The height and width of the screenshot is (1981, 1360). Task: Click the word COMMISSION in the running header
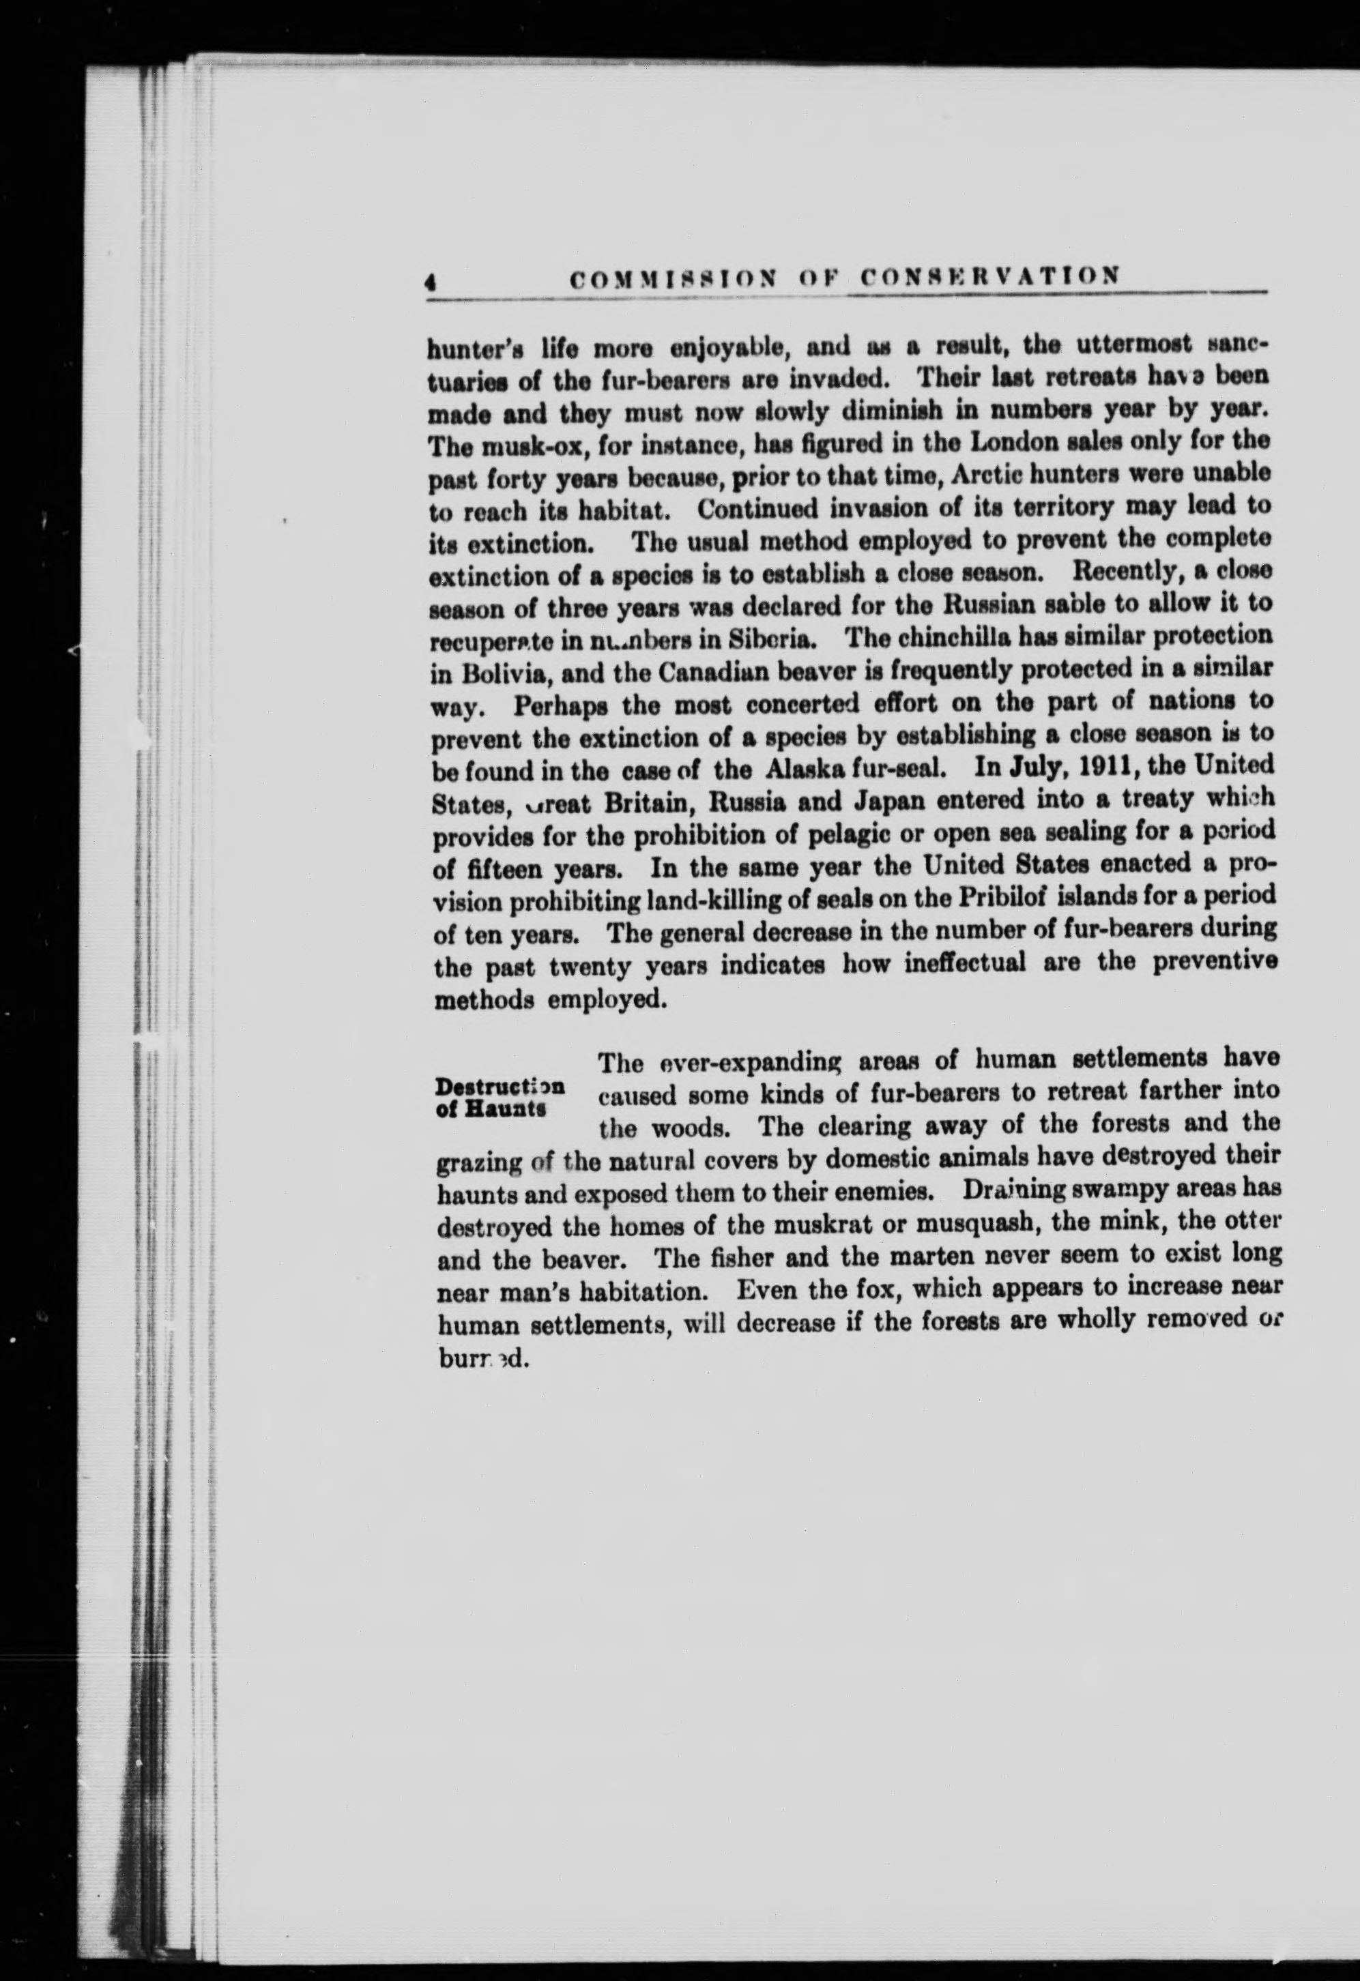click(x=674, y=277)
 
